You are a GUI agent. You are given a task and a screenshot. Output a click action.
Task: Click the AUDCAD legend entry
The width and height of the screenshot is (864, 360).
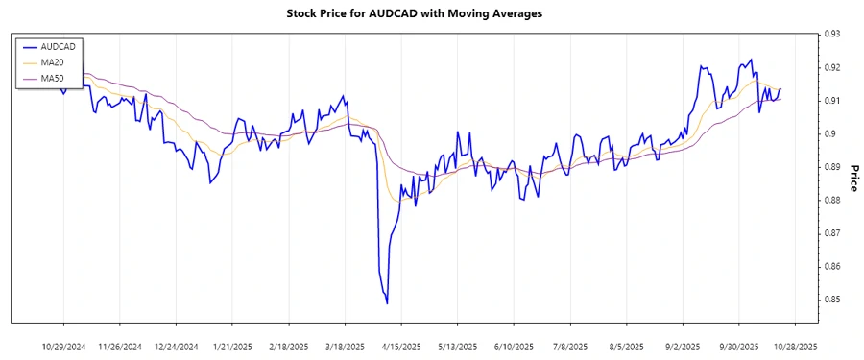[x=57, y=46]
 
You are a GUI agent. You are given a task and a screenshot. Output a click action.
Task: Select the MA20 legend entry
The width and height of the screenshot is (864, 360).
[x=52, y=61]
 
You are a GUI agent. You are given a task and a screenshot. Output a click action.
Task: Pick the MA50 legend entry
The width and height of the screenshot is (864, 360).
[x=52, y=77]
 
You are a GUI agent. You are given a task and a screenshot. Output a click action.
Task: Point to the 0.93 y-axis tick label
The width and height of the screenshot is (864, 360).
[x=831, y=35]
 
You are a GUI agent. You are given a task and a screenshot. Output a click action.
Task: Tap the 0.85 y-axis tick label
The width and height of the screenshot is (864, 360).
[x=831, y=300]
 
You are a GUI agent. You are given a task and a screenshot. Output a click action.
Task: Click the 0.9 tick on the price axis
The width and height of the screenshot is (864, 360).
[x=828, y=134]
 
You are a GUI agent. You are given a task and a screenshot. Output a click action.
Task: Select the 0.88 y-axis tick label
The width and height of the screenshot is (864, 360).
[x=831, y=201]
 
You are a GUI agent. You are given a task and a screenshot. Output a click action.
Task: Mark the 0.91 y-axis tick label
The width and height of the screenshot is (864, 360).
[x=831, y=101]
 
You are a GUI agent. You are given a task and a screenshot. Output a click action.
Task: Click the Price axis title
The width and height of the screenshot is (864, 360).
[x=852, y=178]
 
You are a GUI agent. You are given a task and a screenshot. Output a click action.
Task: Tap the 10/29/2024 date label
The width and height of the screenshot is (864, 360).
[x=63, y=346]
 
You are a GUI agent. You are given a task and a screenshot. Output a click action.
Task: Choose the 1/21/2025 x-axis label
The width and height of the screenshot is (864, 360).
[x=232, y=346]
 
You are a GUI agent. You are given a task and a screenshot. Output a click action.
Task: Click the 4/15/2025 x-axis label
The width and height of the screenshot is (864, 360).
[x=401, y=346]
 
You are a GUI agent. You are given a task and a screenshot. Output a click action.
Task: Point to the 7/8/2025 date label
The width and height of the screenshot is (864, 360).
[x=570, y=346]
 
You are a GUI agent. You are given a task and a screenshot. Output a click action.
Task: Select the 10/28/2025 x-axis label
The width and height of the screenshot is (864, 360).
[x=796, y=346]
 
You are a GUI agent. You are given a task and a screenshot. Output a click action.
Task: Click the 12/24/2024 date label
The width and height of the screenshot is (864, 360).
[x=176, y=346]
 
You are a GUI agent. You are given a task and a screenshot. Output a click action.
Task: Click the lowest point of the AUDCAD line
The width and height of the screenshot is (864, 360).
[x=387, y=303]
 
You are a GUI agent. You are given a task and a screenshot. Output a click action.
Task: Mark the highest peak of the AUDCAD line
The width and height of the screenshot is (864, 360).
[x=750, y=60]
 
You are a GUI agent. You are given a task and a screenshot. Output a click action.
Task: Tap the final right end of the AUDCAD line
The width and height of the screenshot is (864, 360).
[x=780, y=89]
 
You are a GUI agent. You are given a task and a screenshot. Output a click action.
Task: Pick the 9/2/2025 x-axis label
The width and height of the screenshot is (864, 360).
[x=683, y=346]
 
